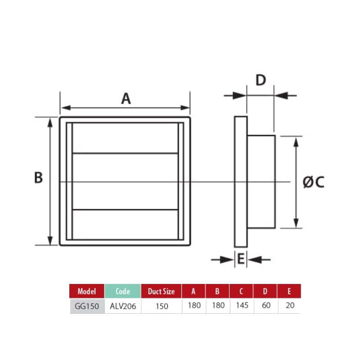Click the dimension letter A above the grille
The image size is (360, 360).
(126, 98)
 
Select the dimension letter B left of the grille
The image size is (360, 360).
(39, 178)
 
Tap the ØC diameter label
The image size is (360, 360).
(313, 182)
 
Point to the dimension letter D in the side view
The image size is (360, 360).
(261, 81)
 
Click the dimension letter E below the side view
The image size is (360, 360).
(241, 260)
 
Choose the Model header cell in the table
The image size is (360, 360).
(87, 291)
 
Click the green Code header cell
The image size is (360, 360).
(123, 291)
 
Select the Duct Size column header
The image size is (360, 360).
(161, 291)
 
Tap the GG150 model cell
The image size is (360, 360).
(87, 306)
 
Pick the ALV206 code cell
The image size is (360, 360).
(123, 306)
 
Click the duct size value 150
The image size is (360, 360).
(161, 306)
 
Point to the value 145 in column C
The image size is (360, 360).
(241, 306)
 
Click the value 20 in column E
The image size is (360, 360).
(289, 306)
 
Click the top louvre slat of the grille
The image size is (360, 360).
(125, 138)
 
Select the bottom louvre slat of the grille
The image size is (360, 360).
(125, 224)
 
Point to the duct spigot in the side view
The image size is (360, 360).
(261, 181)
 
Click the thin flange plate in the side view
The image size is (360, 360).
(241, 181)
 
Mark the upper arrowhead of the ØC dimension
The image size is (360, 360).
(296, 141)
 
